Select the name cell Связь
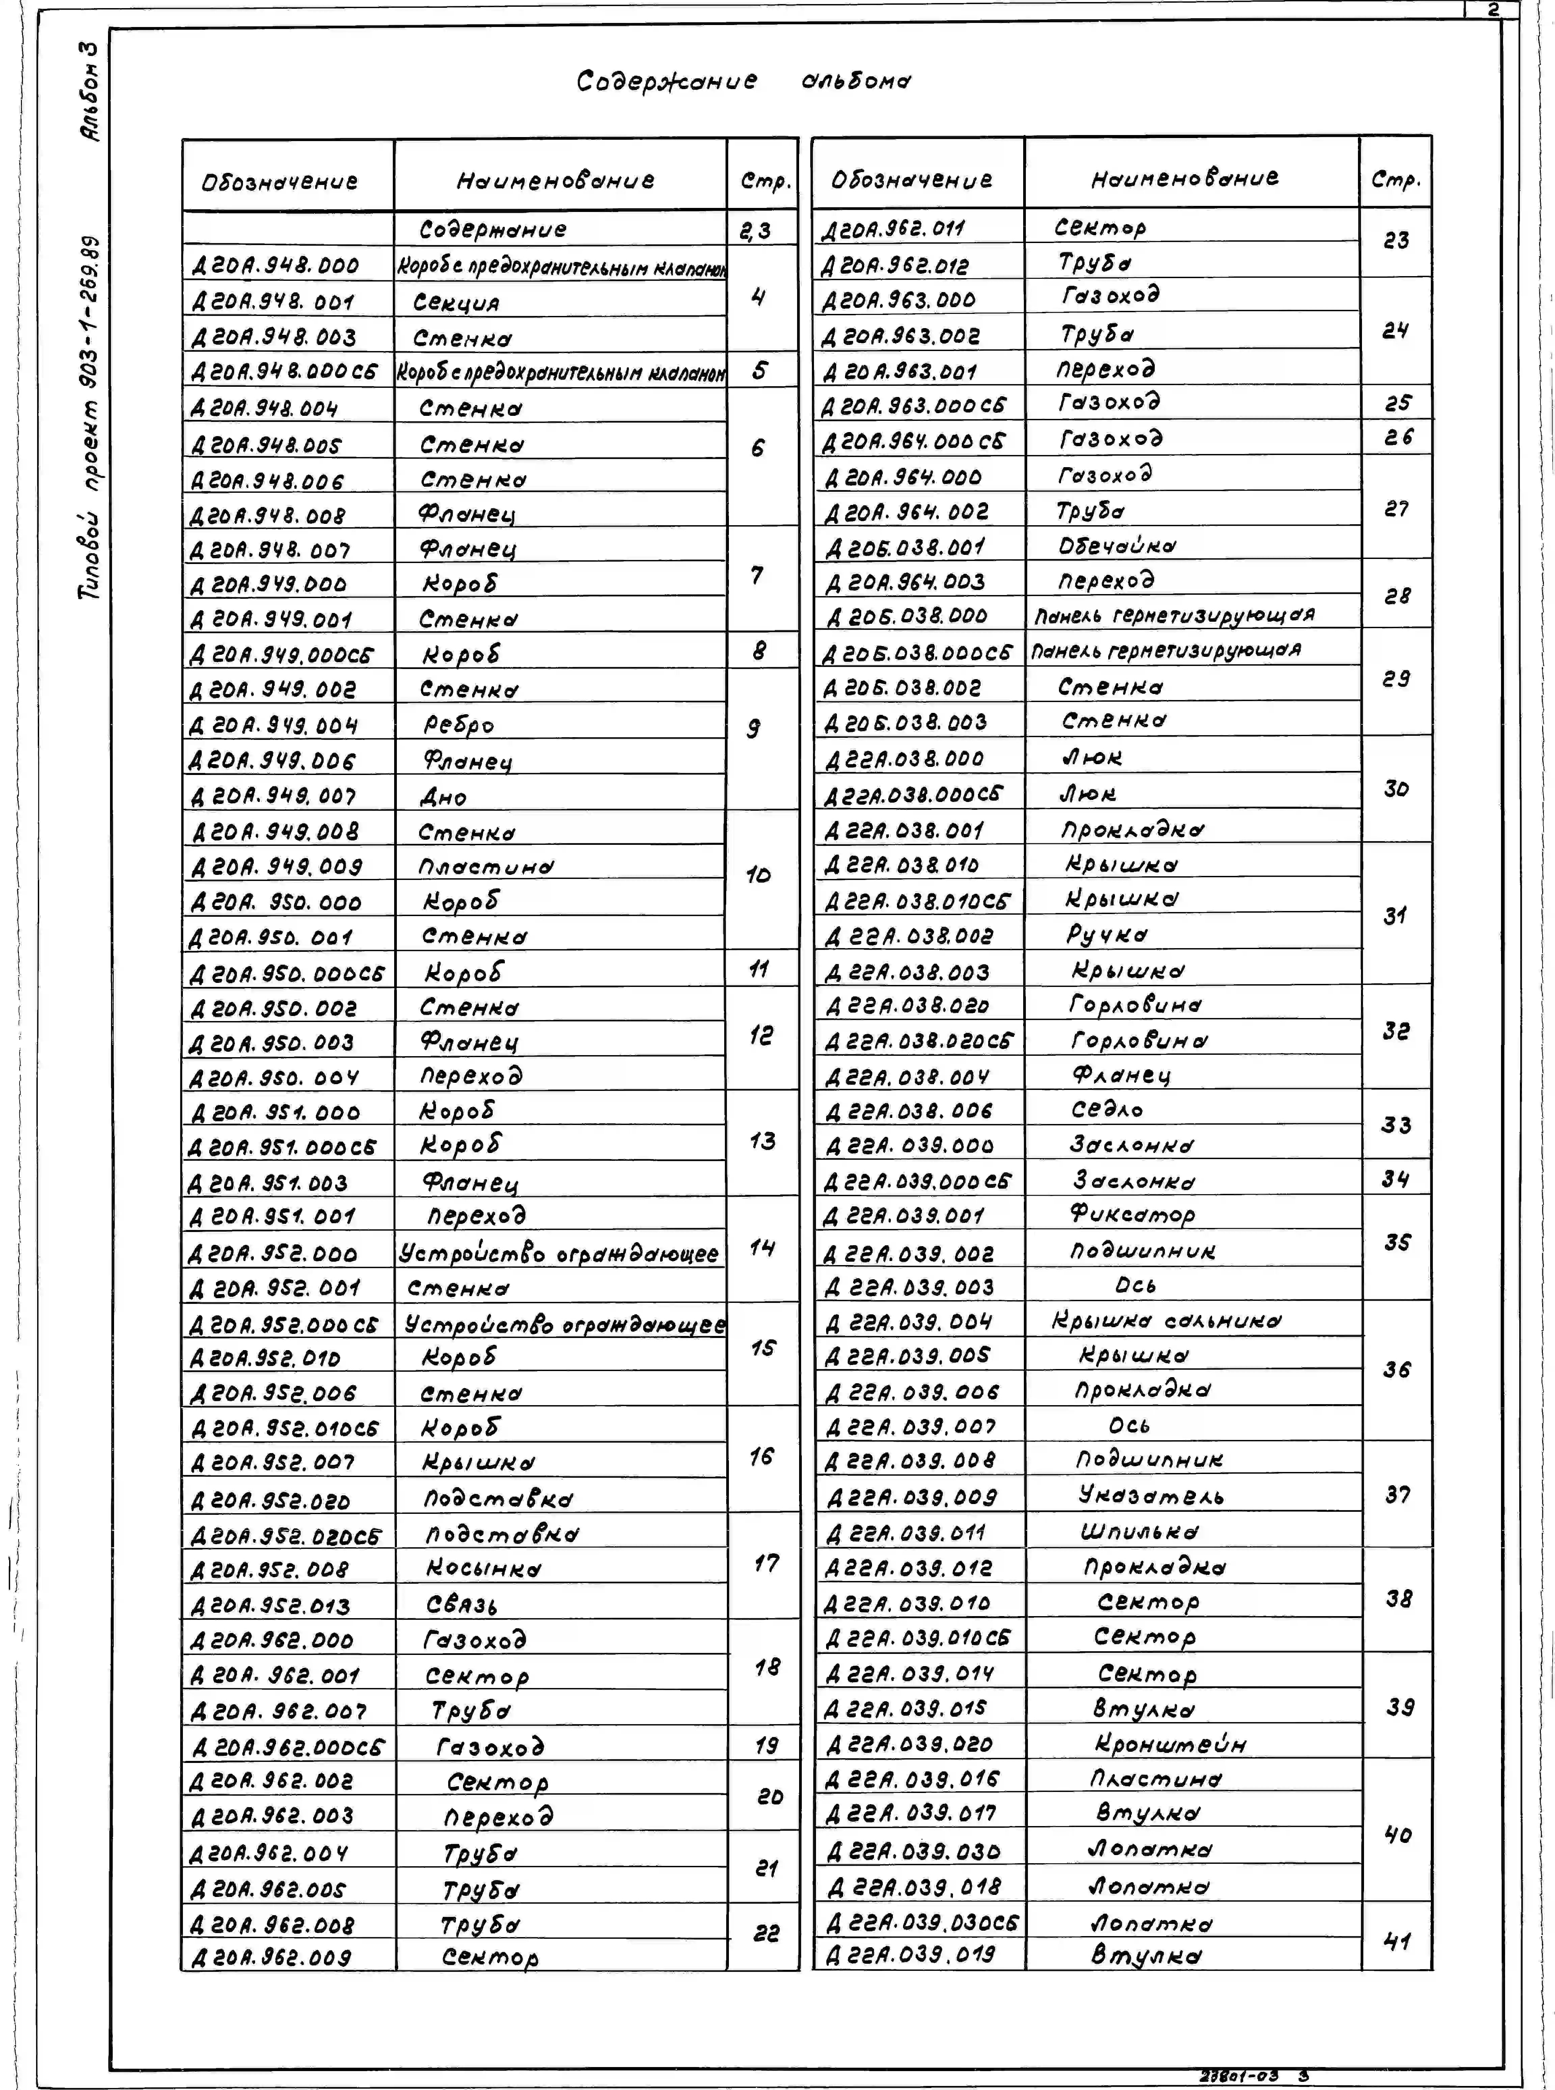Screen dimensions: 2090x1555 (461, 1604)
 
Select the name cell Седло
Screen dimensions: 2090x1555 (1107, 1110)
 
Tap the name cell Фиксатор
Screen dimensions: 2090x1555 (1133, 1214)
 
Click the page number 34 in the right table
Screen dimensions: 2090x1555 (1396, 1179)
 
